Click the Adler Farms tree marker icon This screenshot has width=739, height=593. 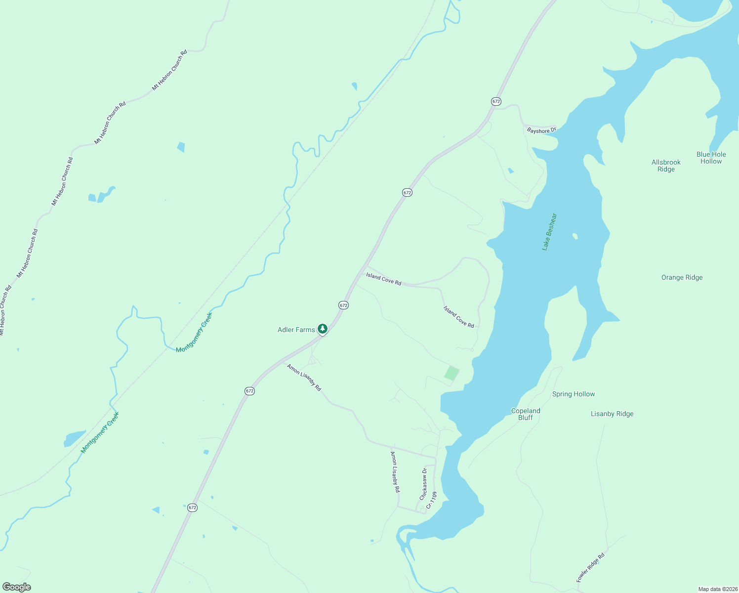pyautogui.click(x=323, y=329)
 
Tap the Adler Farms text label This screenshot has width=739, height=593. pyautogui.click(x=296, y=330)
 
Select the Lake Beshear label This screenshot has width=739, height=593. pyautogui.click(x=549, y=232)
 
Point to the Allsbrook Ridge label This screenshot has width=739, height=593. pyautogui.click(x=666, y=166)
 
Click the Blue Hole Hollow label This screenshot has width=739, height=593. pyautogui.click(x=711, y=158)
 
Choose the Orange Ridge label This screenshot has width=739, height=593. pyautogui.click(x=682, y=278)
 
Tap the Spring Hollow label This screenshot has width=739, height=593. pyautogui.click(x=574, y=394)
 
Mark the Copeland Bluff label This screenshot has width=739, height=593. pyautogui.click(x=526, y=414)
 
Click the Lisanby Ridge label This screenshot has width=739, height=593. pyautogui.click(x=612, y=414)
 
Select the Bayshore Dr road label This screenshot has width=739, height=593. pyautogui.click(x=541, y=130)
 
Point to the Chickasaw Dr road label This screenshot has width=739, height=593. pyautogui.click(x=423, y=484)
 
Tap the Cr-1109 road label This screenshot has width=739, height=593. pyautogui.click(x=432, y=500)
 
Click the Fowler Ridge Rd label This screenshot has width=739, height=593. pyautogui.click(x=590, y=567)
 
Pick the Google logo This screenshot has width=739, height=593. pyautogui.click(x=17, y=587)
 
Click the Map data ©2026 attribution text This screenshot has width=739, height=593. pyautogui.click(x=717, y=589)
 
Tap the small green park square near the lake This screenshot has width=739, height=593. pyautogui.click(x=452, y=373)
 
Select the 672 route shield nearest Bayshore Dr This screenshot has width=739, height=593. pyautogui.click(x=496, y=101)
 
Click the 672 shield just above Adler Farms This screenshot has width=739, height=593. pyautogui.click(x=343, y=305)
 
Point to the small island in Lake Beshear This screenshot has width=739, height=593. pyautogui.click(x=575, y=236)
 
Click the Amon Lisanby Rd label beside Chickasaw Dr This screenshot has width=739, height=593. pyautogui.click(x=395, y=472)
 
